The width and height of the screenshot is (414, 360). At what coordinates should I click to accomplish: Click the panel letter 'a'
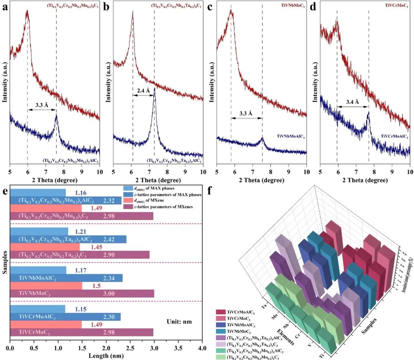(x=5, y=7)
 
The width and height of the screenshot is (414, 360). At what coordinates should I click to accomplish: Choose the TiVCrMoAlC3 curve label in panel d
(x=394, y=136)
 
